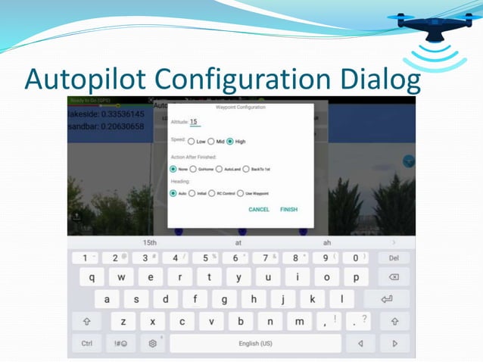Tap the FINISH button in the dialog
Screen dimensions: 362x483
coord(288,209)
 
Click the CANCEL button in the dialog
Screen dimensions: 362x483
coord(259,209)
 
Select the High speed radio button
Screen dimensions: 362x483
coord(231,141)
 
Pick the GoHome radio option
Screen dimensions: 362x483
coord(194,169)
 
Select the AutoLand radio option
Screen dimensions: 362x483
coord(219,169)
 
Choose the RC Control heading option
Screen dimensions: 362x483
coord(212,193)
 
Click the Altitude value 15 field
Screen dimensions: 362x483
coord(194,122)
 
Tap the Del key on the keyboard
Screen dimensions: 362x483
coord(394,258)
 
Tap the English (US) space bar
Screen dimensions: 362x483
coord(255,343)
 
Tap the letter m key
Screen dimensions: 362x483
coord(300,321)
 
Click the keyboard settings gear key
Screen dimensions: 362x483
coord(152,343)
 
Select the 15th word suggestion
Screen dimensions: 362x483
coord(150,242)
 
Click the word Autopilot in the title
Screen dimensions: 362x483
coord(84,79)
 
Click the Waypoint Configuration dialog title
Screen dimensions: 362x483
coord(241,108)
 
